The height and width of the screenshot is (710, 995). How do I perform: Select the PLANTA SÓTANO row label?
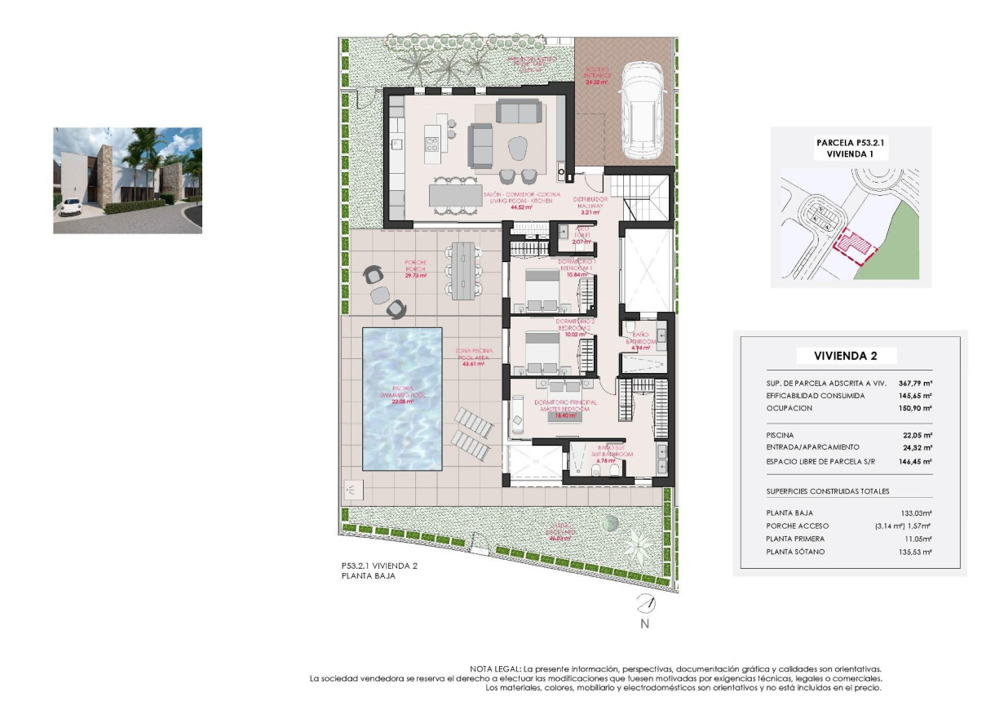pos(795,552)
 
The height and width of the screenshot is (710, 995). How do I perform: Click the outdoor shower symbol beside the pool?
pos(352,490)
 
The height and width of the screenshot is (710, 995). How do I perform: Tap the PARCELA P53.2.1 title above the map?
pos(850,142)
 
